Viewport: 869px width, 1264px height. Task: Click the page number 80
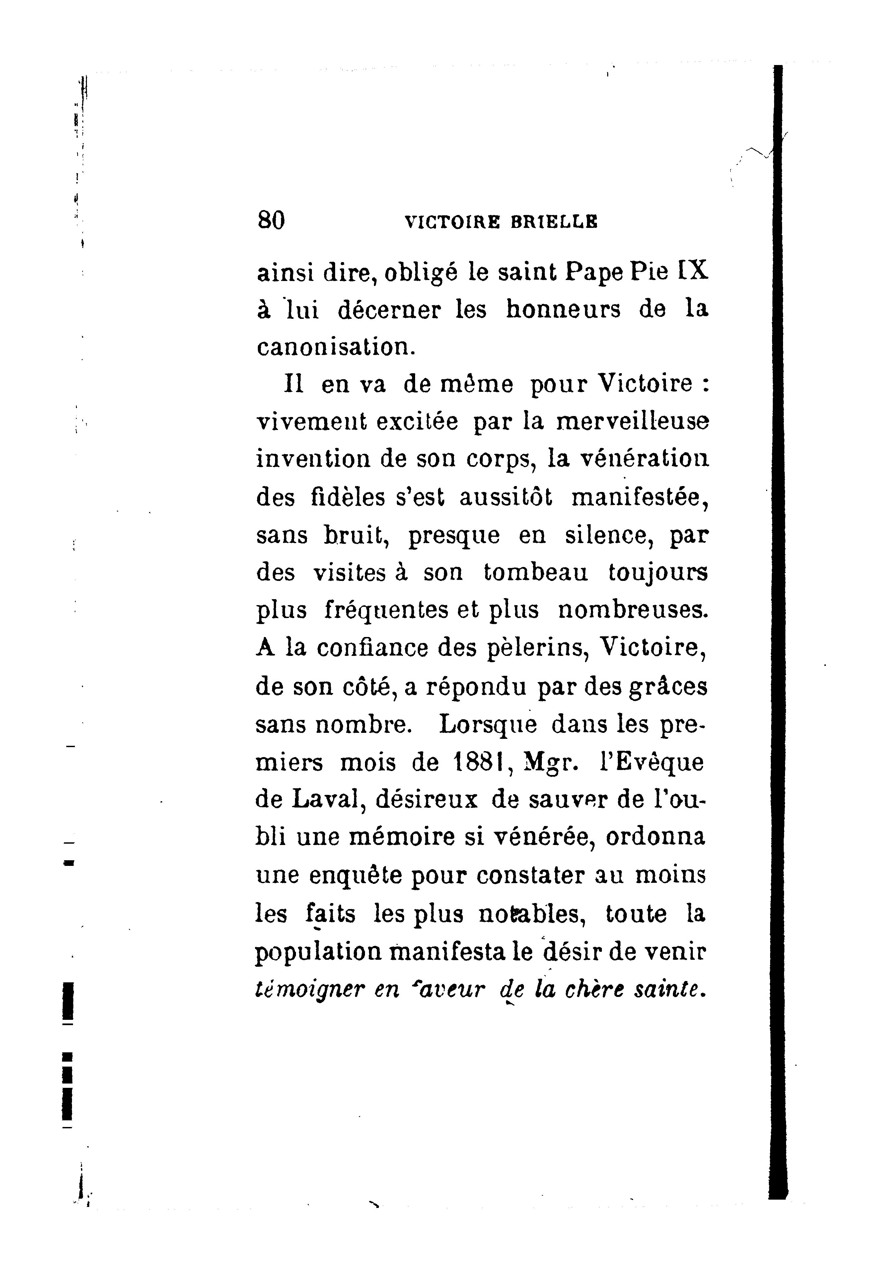click(271, 221)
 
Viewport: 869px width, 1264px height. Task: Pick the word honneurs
click(563, 309)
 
